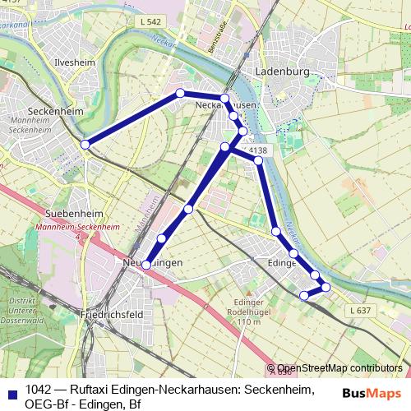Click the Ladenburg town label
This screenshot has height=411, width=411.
point(281,72)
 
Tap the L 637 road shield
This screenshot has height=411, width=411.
point(359,310)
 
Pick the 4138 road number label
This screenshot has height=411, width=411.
point(257,150)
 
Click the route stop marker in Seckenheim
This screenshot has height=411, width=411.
point(85,145)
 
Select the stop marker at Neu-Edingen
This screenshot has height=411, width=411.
point(146,265)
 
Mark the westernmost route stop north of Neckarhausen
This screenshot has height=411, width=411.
point(180,93)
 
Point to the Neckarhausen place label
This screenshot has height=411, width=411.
point(227,106)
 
